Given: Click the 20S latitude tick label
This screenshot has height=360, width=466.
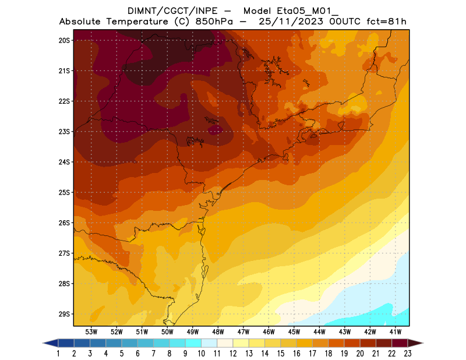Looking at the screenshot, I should [64, 40].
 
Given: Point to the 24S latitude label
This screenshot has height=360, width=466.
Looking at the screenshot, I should [64, 162].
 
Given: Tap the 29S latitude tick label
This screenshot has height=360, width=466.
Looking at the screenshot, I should [64, 314].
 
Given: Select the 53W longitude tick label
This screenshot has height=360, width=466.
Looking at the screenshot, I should [91, 331].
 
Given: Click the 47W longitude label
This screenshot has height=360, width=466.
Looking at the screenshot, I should [243, 331].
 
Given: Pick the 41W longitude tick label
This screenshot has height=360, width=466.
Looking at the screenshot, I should [396, 331].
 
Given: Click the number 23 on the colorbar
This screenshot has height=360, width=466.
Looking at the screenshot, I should [408, 353].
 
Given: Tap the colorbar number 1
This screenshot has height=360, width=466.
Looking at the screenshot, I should [58, 353].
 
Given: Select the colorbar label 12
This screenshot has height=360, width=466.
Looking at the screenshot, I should [233, 353].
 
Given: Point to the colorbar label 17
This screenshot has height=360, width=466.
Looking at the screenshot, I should [312, 353].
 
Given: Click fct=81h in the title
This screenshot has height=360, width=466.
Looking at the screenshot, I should [386, 22].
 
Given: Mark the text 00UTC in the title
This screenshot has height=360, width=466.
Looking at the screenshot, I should [347, 22].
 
